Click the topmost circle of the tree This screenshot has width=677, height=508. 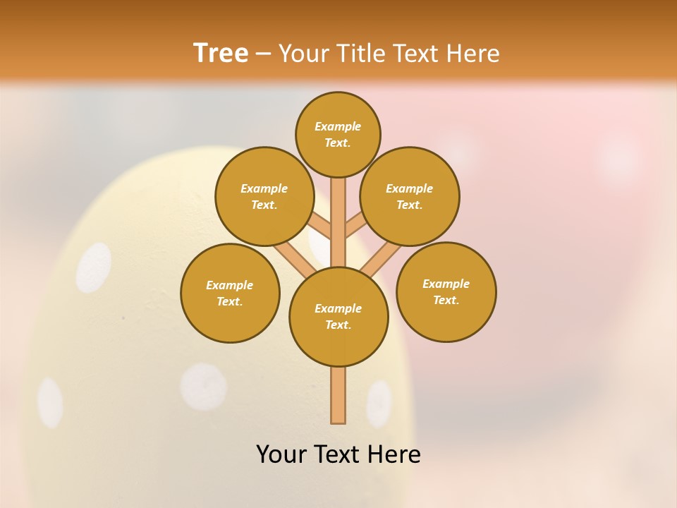(x=338, y=134)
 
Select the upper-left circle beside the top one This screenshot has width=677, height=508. (x=264, y=196)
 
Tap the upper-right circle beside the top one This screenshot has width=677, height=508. (x=410, y=196)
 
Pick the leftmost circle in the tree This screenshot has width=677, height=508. (x=230, y=293)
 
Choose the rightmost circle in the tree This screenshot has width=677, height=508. (x=446, y=291)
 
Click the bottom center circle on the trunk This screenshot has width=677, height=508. (x=338, y=316)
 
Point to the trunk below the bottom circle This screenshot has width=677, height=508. (x=338, y=395)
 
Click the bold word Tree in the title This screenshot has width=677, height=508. (x=221, y=53)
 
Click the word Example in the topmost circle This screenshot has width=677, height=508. (x=338, y=126)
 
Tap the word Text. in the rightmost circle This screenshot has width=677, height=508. (x=446, y=300)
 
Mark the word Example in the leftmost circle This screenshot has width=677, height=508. (x=229, y=285)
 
